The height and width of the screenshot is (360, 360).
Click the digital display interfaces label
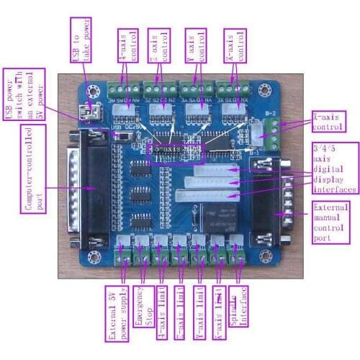tap(335, 168)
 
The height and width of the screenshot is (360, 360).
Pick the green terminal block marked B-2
tap(273, 133)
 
